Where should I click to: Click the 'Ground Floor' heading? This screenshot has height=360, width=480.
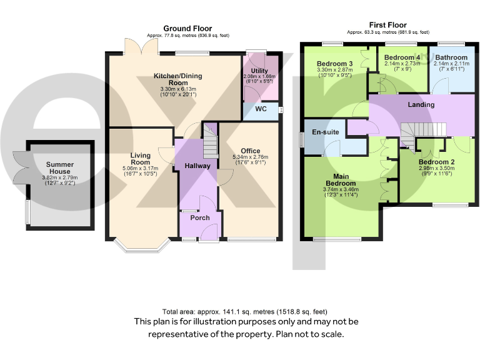click(x=187, y=28)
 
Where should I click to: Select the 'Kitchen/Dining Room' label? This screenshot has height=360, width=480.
click(x=179, y=79)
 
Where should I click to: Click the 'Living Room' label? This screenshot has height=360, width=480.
click(x=141, y=159)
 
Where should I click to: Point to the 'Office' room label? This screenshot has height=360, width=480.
click(x=250, y=151)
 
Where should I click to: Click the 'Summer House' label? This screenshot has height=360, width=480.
click(x=60, y=168)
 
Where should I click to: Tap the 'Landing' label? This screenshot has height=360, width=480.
click(x=421, y=104)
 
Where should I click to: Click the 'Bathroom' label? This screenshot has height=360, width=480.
click(x=451, y=57)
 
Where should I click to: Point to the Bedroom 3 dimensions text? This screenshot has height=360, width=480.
click(x=335, y=73)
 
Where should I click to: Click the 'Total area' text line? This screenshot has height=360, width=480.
click(x=244, y=311)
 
